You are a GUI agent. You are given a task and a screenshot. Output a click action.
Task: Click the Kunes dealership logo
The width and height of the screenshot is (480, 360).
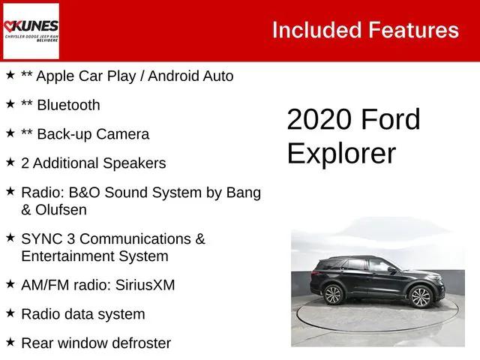coord(31,30)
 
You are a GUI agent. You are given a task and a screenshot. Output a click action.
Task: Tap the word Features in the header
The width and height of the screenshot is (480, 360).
coord(414,30)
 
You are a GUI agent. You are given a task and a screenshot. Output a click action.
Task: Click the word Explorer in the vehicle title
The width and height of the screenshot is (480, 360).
coord(341,152)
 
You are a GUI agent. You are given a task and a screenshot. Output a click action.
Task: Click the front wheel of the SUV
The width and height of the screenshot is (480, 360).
coord(421,297)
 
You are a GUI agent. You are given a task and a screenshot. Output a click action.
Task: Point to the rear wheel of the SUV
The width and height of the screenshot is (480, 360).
coord(333,295)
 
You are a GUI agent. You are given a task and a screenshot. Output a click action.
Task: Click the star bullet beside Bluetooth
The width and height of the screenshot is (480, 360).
coord(10,103)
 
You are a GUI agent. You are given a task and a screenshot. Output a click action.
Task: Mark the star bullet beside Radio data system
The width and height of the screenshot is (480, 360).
coord(10,312)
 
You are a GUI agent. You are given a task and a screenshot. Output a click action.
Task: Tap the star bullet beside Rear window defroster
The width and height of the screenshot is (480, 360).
coord(10,341)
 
